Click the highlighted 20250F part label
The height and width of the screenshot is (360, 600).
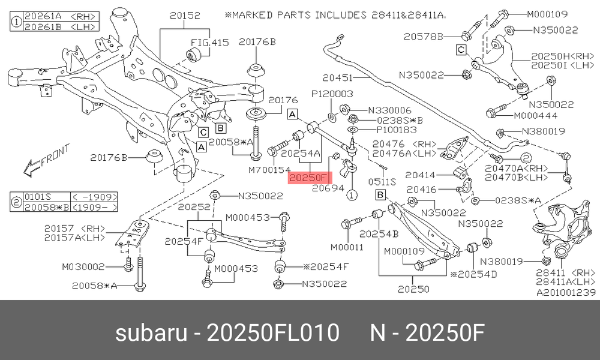310,178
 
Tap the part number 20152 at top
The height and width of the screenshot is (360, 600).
185,16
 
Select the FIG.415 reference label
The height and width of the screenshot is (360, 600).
209,43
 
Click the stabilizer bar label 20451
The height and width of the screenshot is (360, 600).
337,78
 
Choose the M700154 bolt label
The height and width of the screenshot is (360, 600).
269,169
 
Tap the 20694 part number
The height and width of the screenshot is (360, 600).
328,188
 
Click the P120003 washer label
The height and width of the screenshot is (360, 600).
332,94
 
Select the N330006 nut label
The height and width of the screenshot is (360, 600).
389,110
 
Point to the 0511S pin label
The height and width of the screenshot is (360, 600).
382,182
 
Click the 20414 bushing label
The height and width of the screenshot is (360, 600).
420,175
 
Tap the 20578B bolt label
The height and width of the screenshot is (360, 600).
423,37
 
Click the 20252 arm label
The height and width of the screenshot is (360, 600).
194,207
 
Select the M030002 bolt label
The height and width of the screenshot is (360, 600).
83,266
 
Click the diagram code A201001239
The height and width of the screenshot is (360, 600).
566,293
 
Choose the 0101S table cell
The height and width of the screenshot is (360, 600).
37,197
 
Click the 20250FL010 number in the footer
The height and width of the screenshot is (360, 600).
273,332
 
